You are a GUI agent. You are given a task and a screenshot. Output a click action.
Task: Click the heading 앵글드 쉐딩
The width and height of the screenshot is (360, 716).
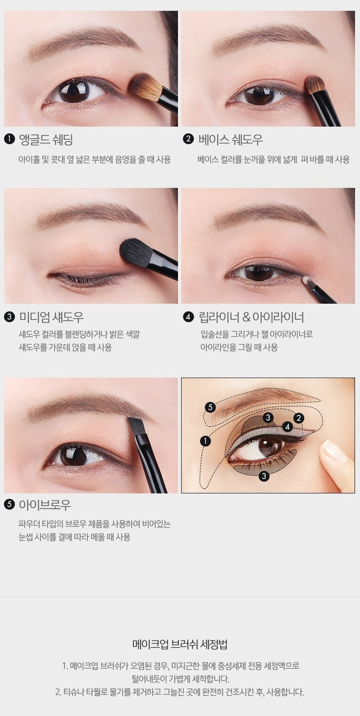pyautogui.click(x=46, y=140)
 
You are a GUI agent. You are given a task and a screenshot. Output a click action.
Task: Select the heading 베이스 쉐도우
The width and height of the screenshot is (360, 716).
pyautogui.click(x=231, y=140)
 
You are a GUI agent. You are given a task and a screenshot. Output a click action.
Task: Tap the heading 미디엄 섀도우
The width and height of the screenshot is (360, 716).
pyautogui.click(x=51, y=317)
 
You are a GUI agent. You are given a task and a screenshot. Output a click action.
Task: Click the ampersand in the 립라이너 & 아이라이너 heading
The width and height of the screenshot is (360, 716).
pyautogui.click(x=246, y=317)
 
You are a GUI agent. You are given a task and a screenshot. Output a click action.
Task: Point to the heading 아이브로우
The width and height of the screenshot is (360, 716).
pyautogui.click(x=45, y=505)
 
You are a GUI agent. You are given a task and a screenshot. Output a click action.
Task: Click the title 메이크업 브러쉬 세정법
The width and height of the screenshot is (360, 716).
pyautogui.click(x=180, y=644)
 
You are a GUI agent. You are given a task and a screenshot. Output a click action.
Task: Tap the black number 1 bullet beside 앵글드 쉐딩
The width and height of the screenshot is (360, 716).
pyautogui.click(x=9, y=139)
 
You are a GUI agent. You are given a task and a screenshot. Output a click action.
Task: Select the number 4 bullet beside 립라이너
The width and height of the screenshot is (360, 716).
pyautogui.click(x=188, y=317)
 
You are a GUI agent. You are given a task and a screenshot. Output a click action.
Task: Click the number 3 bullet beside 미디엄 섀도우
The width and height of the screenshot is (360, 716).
pyautogui.click(x=9, y=317)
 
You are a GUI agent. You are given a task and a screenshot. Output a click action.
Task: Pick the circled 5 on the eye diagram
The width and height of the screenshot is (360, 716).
pyautogui.click(x=210, y=407)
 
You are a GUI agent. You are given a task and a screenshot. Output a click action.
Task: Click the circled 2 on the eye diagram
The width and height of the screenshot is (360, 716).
pyautogui.click(x=299, y=418)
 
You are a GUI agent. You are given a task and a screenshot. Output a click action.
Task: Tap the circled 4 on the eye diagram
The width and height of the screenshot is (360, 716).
pyautogui.click(x=287, y=426)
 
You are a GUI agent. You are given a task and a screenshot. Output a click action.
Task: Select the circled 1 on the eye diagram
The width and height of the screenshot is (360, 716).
pyautogui.click(x=205, y=441)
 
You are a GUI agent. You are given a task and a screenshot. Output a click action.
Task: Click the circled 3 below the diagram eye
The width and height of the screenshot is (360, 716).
pyautogui.click(x=264, y=476)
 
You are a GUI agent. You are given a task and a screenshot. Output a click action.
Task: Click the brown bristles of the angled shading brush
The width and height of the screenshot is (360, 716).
pyautogui.click(x=143, y=87)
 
